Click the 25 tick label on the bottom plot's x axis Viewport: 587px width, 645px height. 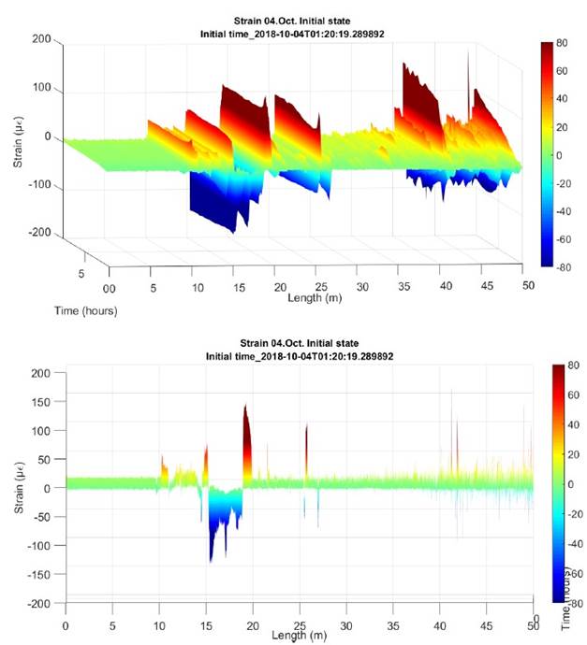(x=300, y=623)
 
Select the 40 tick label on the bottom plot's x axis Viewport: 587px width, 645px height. (x=440, y=623)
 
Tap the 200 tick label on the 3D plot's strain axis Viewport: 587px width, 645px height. (x=39, y=39)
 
